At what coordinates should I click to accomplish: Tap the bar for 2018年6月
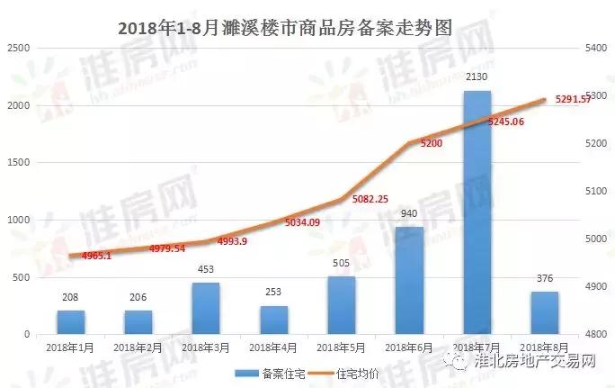[x=409, y=280]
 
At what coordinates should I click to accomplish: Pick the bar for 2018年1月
[x=71, y=321]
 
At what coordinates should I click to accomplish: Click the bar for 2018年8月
[x=544, y=312]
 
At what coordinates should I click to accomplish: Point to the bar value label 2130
[x=477, y=79]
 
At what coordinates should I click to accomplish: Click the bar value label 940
[x=409, y=214]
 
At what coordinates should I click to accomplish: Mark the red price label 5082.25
[x=370, y=199]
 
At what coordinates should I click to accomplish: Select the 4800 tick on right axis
[x=597, y=334]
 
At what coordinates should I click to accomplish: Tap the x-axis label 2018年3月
[x=206, y=346]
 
